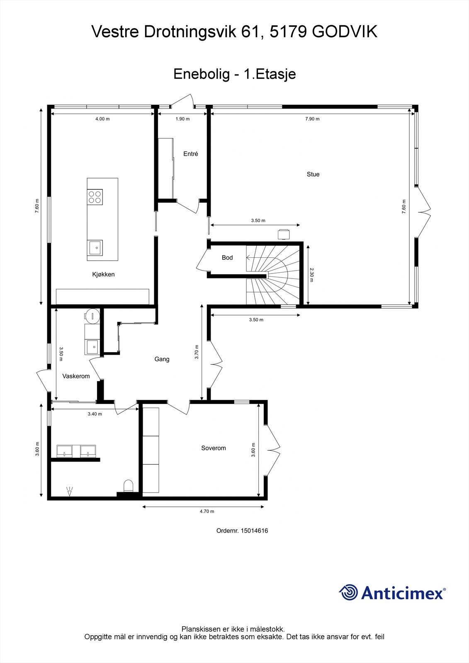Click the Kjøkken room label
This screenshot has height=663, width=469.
tap(103, 274)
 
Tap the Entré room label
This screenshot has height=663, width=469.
tap(191, 154)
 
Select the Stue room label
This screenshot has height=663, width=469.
tap(313, 174)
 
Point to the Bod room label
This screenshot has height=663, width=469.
tap(227, 258)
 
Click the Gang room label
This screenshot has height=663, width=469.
tap(162, 359)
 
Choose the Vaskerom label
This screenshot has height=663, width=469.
tap(76, 376)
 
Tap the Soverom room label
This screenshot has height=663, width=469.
tap(214, 448)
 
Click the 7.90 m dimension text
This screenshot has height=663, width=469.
tap(312, 119)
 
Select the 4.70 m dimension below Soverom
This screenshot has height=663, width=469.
tap(207, 511)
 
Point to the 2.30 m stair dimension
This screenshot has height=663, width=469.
tap(312, 275)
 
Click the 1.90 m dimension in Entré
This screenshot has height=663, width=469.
tap(182, 119)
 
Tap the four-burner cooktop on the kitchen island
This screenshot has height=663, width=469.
tap(95, 196)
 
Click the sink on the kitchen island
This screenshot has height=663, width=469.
tap(95, 248)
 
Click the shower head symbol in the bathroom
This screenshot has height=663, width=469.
tap(69, 492)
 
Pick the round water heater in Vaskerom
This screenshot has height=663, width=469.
tap(92, 316)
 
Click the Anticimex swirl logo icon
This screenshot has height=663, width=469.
tap(348, 592)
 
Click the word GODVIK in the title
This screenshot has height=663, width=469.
tap(345, 32)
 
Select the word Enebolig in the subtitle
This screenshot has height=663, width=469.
tap(201, 74)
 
